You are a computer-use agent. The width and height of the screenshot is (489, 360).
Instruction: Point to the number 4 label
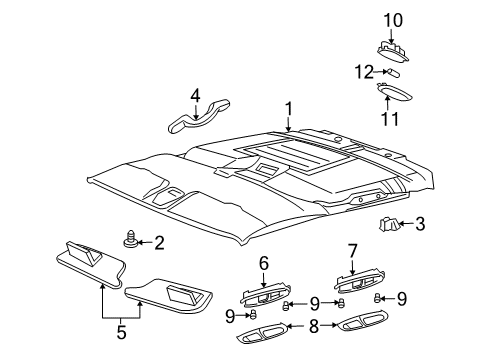197,97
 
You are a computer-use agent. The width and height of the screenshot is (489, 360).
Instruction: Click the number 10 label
393,19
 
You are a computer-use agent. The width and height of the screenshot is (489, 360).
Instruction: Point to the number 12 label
368,71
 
